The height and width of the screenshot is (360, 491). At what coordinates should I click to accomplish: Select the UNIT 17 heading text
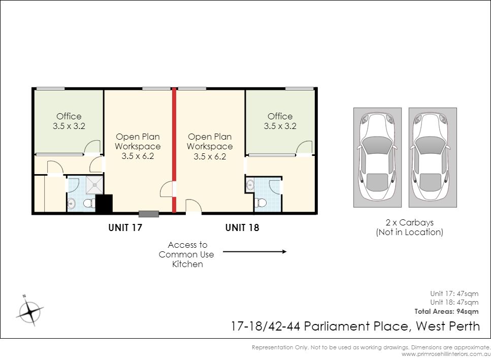click(x=125, y=227)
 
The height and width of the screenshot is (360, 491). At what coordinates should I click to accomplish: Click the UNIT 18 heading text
click(x=242, y=227)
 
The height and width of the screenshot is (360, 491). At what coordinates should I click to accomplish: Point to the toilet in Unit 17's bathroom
click(x=89, y=204)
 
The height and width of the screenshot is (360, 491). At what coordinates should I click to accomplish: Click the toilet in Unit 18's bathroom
click(x=260, y=203)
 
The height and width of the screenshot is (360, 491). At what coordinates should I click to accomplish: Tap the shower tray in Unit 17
click(x=94, y=185)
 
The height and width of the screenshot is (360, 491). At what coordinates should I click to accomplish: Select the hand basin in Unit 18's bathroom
click(x=250, y=185)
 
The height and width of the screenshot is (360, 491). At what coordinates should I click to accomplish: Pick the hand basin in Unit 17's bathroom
click(x=72, y=204)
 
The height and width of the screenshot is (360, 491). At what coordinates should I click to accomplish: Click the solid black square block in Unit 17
click(x=104, y=204)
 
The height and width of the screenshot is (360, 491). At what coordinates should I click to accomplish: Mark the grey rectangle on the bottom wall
click(x=149, y=214)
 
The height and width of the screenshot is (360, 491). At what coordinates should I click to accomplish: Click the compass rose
click(x=30, y=311)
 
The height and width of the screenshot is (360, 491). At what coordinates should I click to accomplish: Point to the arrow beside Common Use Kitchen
click(x=254, y=251)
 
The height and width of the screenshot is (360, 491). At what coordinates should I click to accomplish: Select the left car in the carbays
click(x=377, y=156)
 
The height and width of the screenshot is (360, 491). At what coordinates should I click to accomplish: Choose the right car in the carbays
click(x=433, y=156)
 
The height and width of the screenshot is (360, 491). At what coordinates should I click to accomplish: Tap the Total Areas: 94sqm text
click(x=446, y=311)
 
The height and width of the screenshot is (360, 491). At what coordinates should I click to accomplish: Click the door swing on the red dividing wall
click(x=166, y=189)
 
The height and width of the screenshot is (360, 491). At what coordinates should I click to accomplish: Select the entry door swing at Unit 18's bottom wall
click(x=193, y=206)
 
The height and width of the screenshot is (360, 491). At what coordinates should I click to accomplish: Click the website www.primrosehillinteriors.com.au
click(x=446, y=354)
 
